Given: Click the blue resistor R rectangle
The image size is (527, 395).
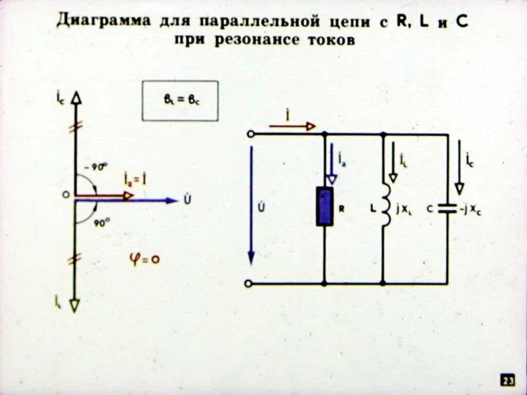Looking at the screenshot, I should pyautogui.click(x=324, y=206).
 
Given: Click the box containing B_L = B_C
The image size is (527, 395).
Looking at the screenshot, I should pyautogui.click(x=180, y=101).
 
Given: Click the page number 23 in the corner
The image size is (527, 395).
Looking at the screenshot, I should pyautogui.click(x=507, y=381).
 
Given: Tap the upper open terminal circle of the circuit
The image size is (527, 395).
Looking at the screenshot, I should pyautogui.click(x=250, y=134).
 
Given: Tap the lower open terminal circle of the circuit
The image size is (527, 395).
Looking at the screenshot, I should pyautogui.click(x=249, y=283).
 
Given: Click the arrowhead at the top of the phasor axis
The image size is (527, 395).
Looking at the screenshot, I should pyautogui.click(x=76, y=98).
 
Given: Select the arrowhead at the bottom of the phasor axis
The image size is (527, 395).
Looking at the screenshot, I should pyautogui.click(x=75, y=305).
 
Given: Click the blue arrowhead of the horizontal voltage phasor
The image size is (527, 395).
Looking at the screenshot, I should pyautogui.click(x=172, y=200).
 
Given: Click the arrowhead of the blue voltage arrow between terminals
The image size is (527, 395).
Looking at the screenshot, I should pyautogui.click(x=251, y=257).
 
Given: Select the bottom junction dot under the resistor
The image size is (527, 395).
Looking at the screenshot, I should pyautogui.click(x=324, y=283).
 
